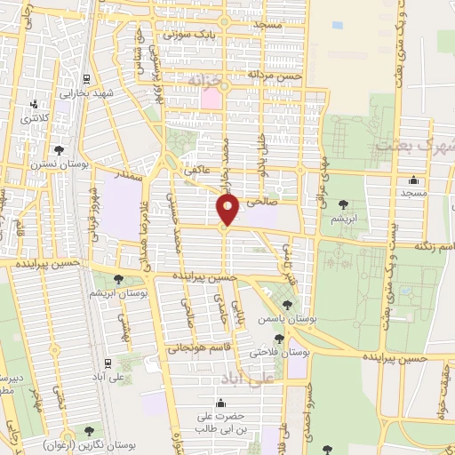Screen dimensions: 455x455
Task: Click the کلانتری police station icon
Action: [34, 105]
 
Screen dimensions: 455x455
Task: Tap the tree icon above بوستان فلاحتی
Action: [280, 339]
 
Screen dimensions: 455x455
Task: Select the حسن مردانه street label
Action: [276, 77]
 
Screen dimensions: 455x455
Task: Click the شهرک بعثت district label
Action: [414, 144]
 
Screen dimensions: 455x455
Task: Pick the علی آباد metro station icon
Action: [107, 362]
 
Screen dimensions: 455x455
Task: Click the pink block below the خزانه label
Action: [211, 99]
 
